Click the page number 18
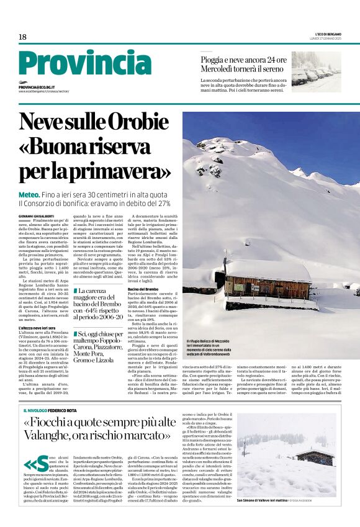[22, 37]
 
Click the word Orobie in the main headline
[135, 121]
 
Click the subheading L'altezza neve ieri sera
[37, 327]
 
